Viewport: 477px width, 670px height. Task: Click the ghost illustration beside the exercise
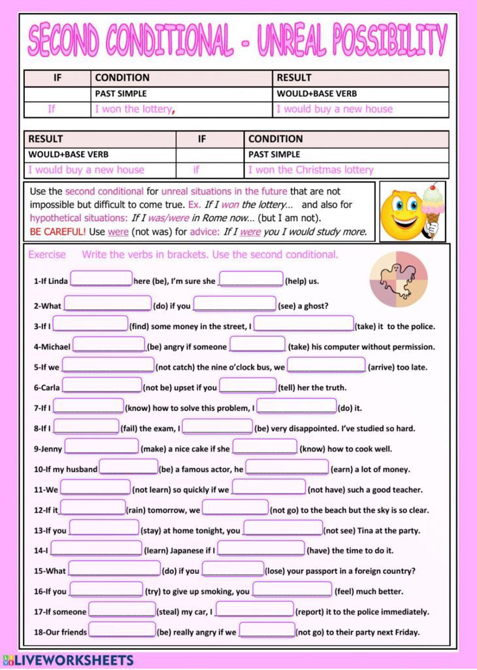tap(398, 281)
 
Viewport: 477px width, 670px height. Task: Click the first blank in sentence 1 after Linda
tap(101, 279)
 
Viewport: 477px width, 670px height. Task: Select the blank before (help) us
tap(251, 279)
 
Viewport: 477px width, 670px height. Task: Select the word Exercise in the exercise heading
tap(47, 255)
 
